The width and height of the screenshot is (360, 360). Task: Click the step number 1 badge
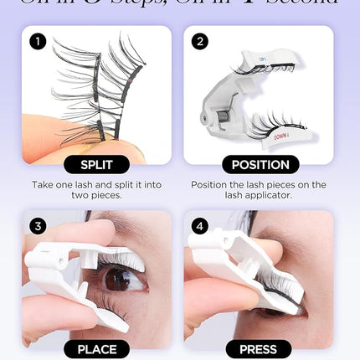[38, 40]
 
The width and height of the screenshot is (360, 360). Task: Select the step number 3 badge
[38, 225]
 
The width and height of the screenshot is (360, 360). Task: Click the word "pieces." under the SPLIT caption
[117, 196]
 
